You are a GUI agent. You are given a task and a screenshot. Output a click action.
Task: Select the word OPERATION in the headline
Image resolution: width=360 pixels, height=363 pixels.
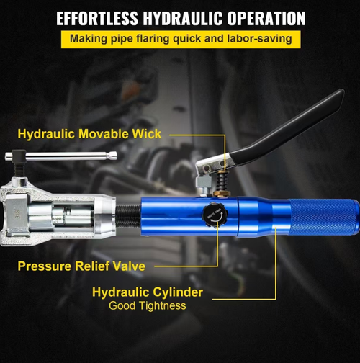tap(264, 18)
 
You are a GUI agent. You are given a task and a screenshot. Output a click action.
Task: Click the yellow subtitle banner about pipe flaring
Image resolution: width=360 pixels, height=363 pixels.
tap(180, 38)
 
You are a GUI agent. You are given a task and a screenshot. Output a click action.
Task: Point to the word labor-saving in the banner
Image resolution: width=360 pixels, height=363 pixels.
tap(258, 38)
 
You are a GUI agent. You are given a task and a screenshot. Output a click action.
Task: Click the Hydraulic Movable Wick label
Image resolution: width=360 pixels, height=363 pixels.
tap(89, 134)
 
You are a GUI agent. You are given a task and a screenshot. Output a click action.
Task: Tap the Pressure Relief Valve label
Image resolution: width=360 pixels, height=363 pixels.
tap(81, 266)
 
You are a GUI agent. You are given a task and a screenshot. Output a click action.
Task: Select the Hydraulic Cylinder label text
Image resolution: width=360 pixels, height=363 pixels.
tap(148, 292)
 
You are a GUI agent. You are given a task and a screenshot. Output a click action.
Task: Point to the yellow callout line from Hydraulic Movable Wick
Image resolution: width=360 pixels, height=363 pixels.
tap(202, 134)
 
